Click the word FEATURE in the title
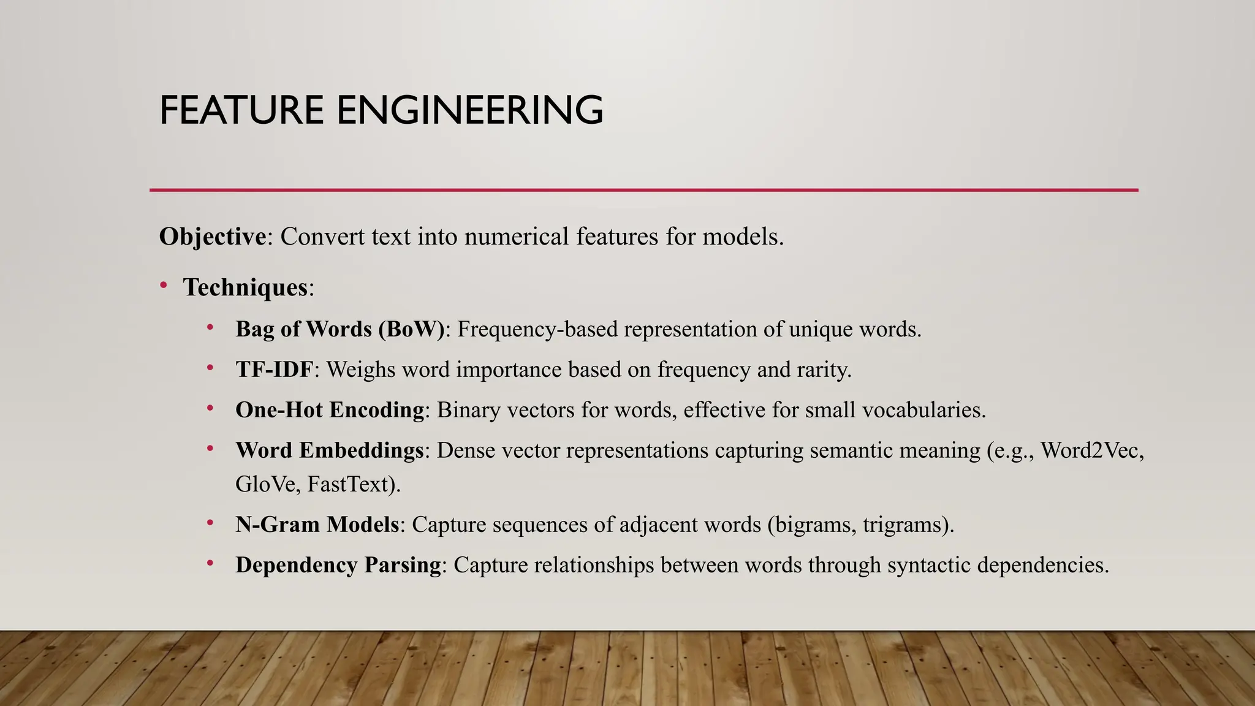[241, 110]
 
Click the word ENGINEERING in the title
[470, 110]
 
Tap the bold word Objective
[213, 237]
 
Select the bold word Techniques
[245, 287]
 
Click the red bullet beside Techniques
[164, 285]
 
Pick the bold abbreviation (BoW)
[411, 329]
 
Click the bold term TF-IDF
[275, 370]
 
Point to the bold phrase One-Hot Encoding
[330, 409]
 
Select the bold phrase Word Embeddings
[330, 450]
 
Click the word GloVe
[265, 484]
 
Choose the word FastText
[350, 484]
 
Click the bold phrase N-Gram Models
[317, 525]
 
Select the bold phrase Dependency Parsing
[338, 564]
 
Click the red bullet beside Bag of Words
[210, 327]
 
